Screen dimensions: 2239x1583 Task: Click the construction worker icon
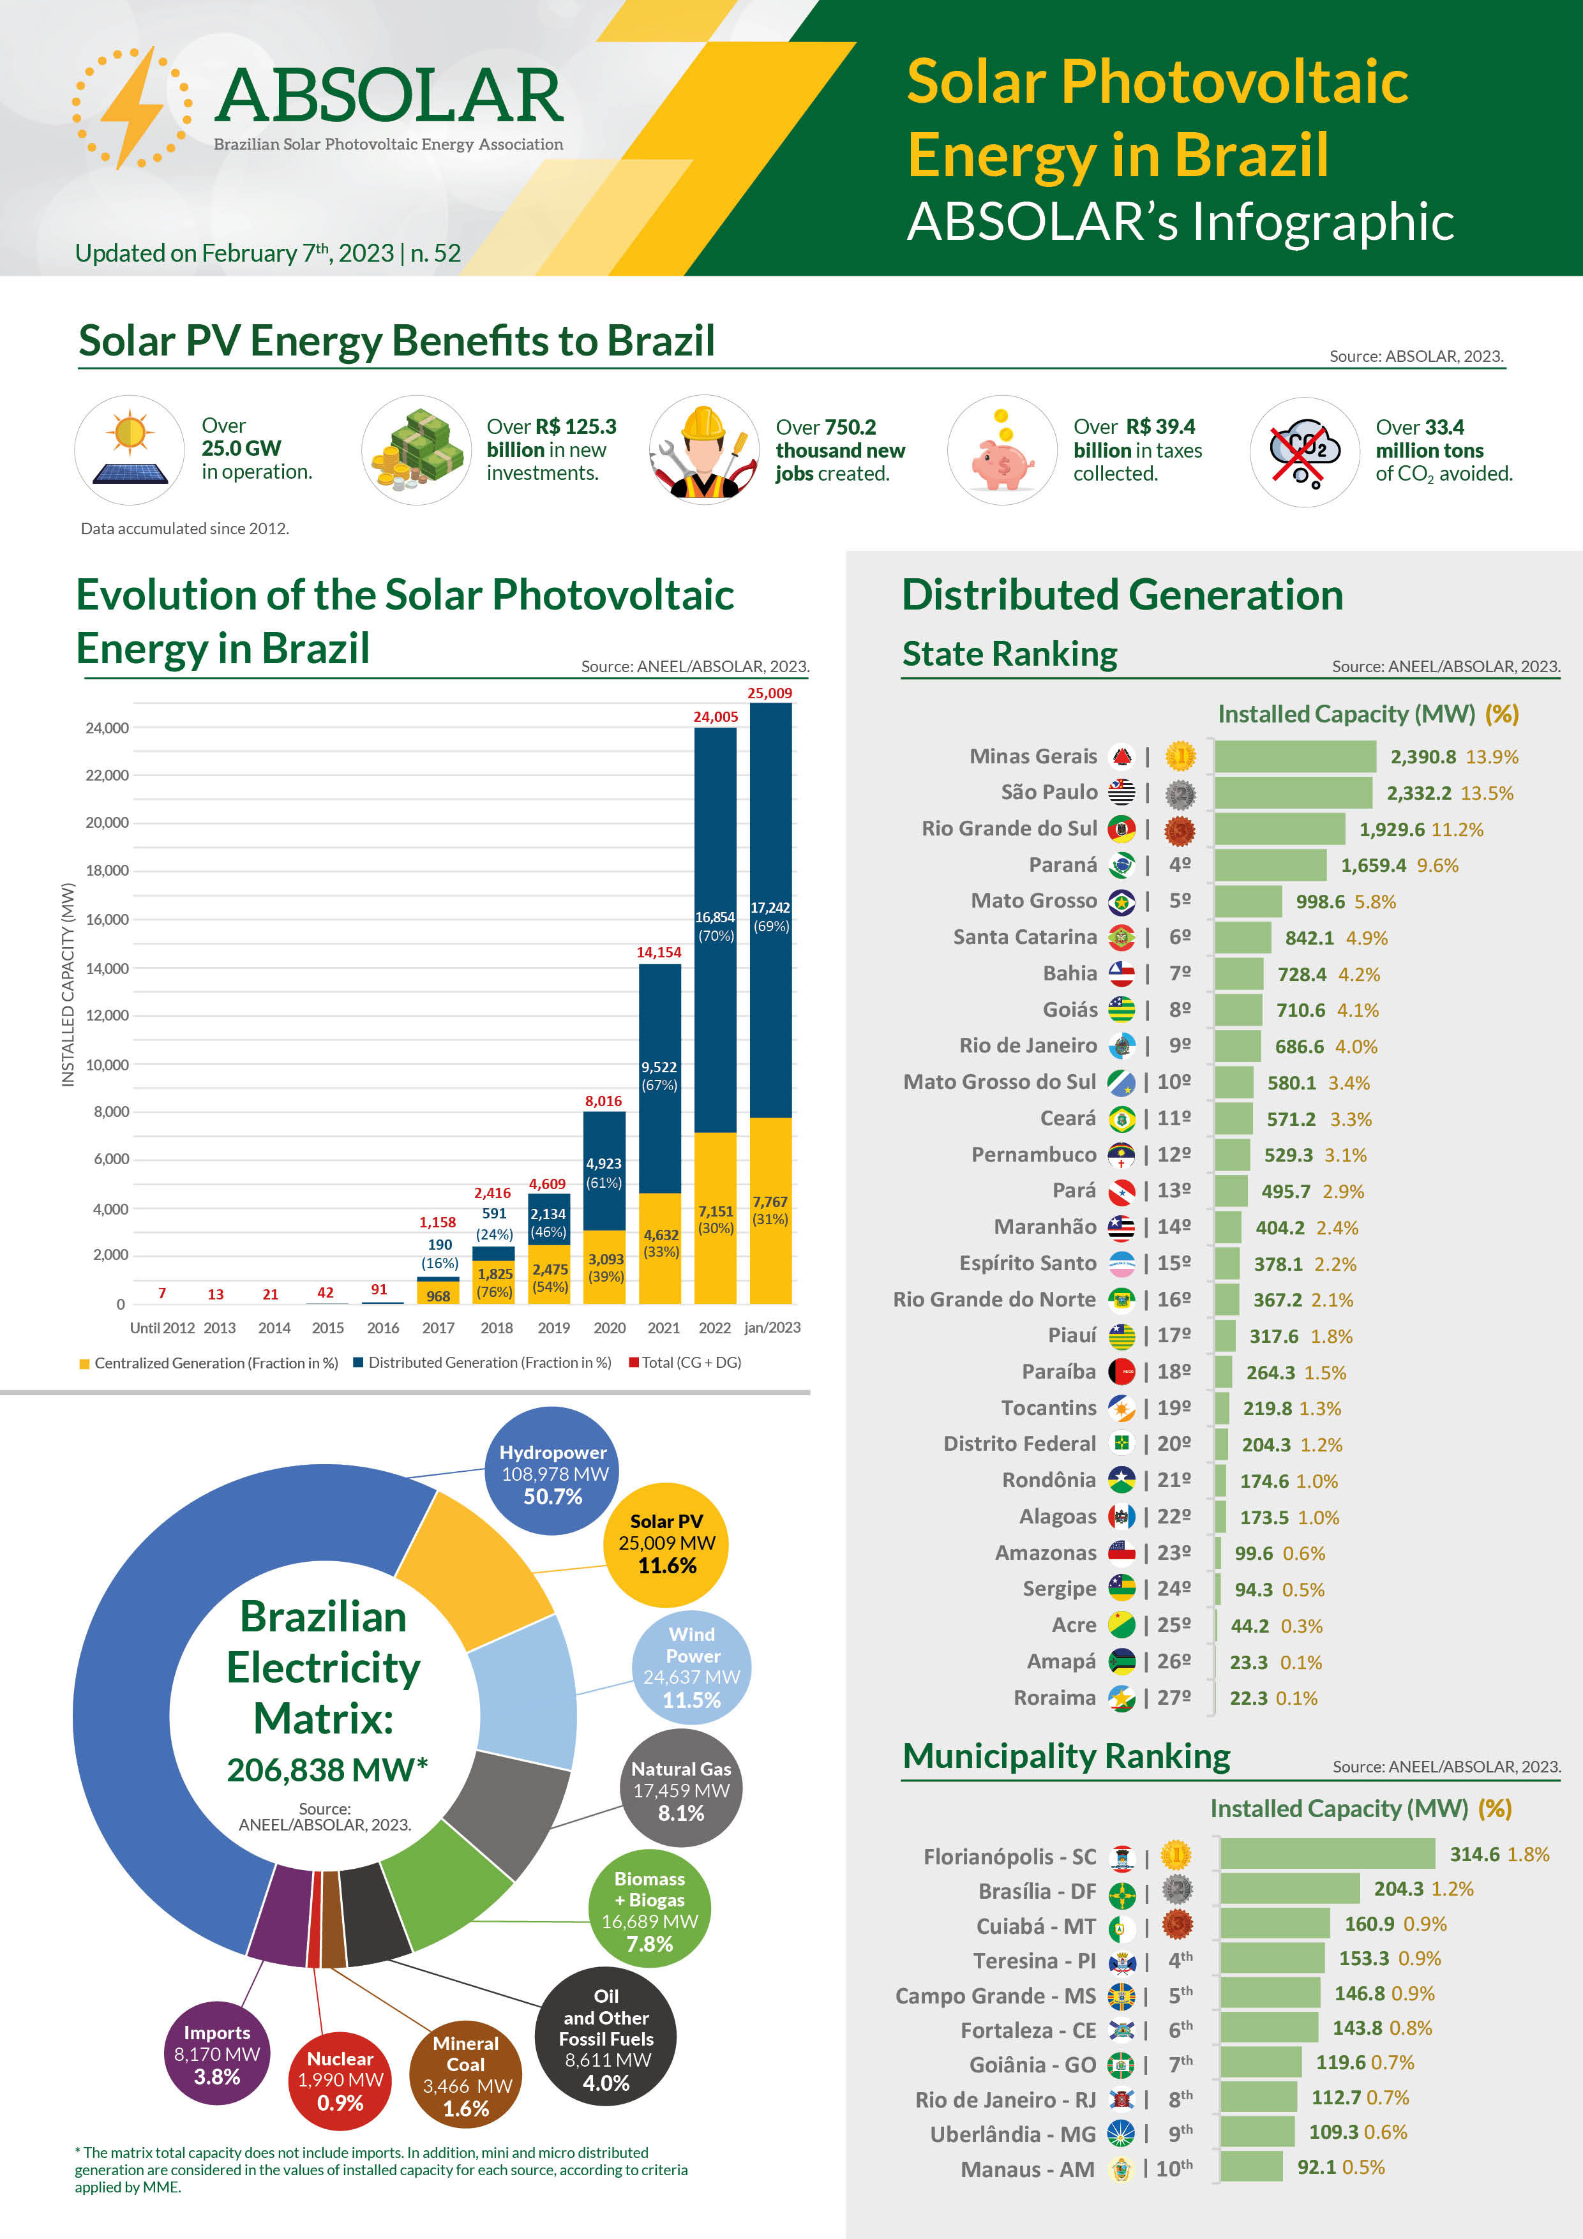tap(703, 451)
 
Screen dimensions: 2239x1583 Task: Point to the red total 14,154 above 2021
tap(659, 952)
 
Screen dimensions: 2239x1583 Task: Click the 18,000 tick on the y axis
tap(107, 870)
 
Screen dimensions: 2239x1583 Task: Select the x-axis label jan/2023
tap(772, 1327)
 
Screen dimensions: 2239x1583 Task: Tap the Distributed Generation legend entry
tap(488, 1362)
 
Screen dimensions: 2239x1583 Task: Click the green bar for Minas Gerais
tap(1294, 757)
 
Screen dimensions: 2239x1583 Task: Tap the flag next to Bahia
tap(1122, 973)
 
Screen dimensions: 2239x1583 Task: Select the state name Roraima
tap(1054, 1698)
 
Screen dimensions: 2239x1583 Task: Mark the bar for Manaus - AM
tap(1251, 2167)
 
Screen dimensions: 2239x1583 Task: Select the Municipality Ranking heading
tap(1066, 1756)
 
